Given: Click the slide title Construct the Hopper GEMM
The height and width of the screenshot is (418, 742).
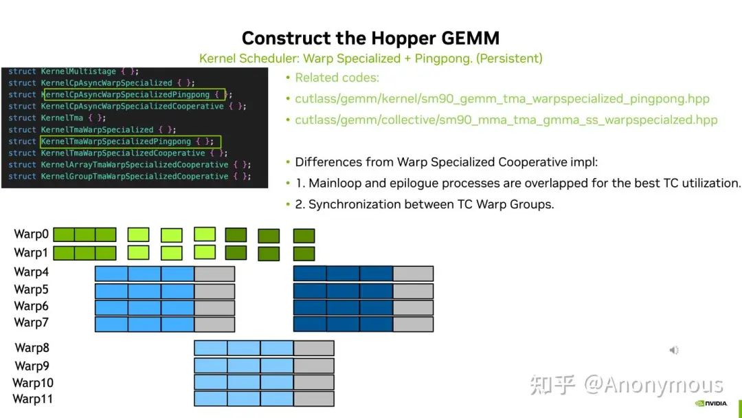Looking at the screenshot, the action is pos(370,38).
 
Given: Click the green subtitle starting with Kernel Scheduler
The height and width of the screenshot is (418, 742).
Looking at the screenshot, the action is pos(370,58).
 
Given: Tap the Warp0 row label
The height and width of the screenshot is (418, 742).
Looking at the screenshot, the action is pos(31,234).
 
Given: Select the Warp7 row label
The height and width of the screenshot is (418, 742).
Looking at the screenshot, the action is pos(31,322).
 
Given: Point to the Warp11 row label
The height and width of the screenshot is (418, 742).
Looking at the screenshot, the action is pos(33,399).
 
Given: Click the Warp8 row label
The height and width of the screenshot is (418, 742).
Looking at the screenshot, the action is pos(32,348).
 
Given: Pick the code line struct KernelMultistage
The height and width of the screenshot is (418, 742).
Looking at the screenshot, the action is pos(74,71).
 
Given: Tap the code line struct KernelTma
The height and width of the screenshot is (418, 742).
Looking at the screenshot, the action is pos(57,118).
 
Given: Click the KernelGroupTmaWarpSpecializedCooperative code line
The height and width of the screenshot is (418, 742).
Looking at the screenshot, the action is pos(130,176).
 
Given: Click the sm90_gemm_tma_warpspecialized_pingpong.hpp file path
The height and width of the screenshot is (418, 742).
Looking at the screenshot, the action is pos(502,98).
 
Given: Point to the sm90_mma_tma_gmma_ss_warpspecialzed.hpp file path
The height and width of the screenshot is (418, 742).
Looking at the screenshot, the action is pos(506,120).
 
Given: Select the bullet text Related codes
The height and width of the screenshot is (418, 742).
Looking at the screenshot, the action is pos(337,78).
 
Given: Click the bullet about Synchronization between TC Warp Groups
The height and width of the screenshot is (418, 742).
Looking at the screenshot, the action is pos(425,204).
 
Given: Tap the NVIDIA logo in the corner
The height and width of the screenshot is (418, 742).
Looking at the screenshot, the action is pos(711,404).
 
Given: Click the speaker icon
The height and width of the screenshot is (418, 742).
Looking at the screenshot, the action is pos(674,351).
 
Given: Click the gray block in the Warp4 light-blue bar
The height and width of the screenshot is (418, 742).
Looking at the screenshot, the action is pos(214,274).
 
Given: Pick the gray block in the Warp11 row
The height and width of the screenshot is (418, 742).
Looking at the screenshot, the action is pos(314,399).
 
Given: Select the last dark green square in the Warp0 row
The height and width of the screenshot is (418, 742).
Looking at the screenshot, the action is pos(304,236).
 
